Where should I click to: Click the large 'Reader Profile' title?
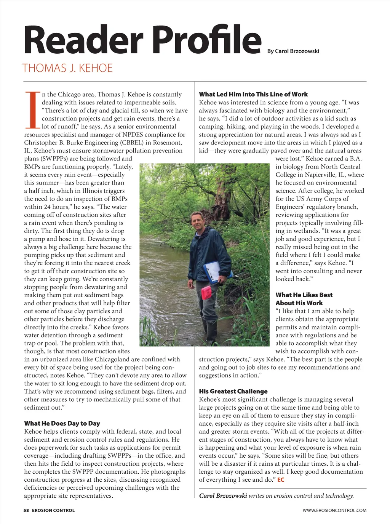(142, 40)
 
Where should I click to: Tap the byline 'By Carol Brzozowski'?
(293, 51)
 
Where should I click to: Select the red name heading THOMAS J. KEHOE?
(67, 68)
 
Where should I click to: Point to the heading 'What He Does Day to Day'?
(62, 423)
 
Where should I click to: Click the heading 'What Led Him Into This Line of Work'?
(253, 94)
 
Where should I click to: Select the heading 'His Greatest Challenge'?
(233, 391)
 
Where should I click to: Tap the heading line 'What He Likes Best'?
(304, 295)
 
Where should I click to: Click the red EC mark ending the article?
(281, 480)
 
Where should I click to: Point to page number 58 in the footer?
(26, 510)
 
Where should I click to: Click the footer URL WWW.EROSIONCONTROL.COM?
(334, 510)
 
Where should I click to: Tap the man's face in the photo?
(198, 222)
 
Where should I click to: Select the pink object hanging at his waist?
(206, 292)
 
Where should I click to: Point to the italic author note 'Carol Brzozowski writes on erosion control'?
(276, 496)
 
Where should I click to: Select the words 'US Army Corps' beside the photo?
(317, 199)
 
